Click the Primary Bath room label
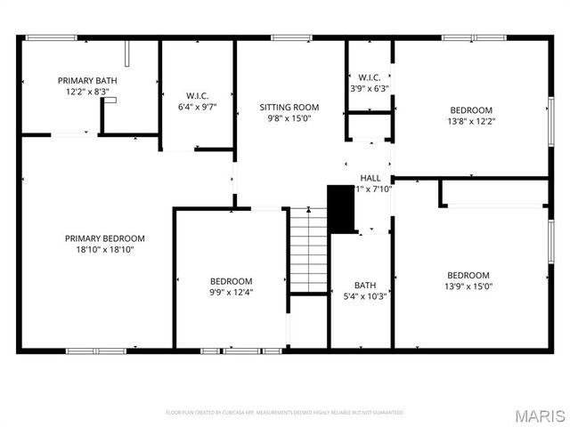87,81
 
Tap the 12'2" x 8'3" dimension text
87,92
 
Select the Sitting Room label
289,107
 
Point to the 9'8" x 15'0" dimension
289,118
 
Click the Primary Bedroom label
104,238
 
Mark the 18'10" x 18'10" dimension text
104,250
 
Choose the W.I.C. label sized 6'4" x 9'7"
197,95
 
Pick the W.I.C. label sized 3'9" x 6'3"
370,77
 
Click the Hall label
370,178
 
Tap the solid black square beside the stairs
341,207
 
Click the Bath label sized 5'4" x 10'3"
365,286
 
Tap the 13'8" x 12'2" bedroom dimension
470,122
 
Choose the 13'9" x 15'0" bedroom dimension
468,286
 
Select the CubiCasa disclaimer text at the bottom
285,413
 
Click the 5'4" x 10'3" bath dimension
365,296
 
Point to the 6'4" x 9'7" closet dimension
197,107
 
